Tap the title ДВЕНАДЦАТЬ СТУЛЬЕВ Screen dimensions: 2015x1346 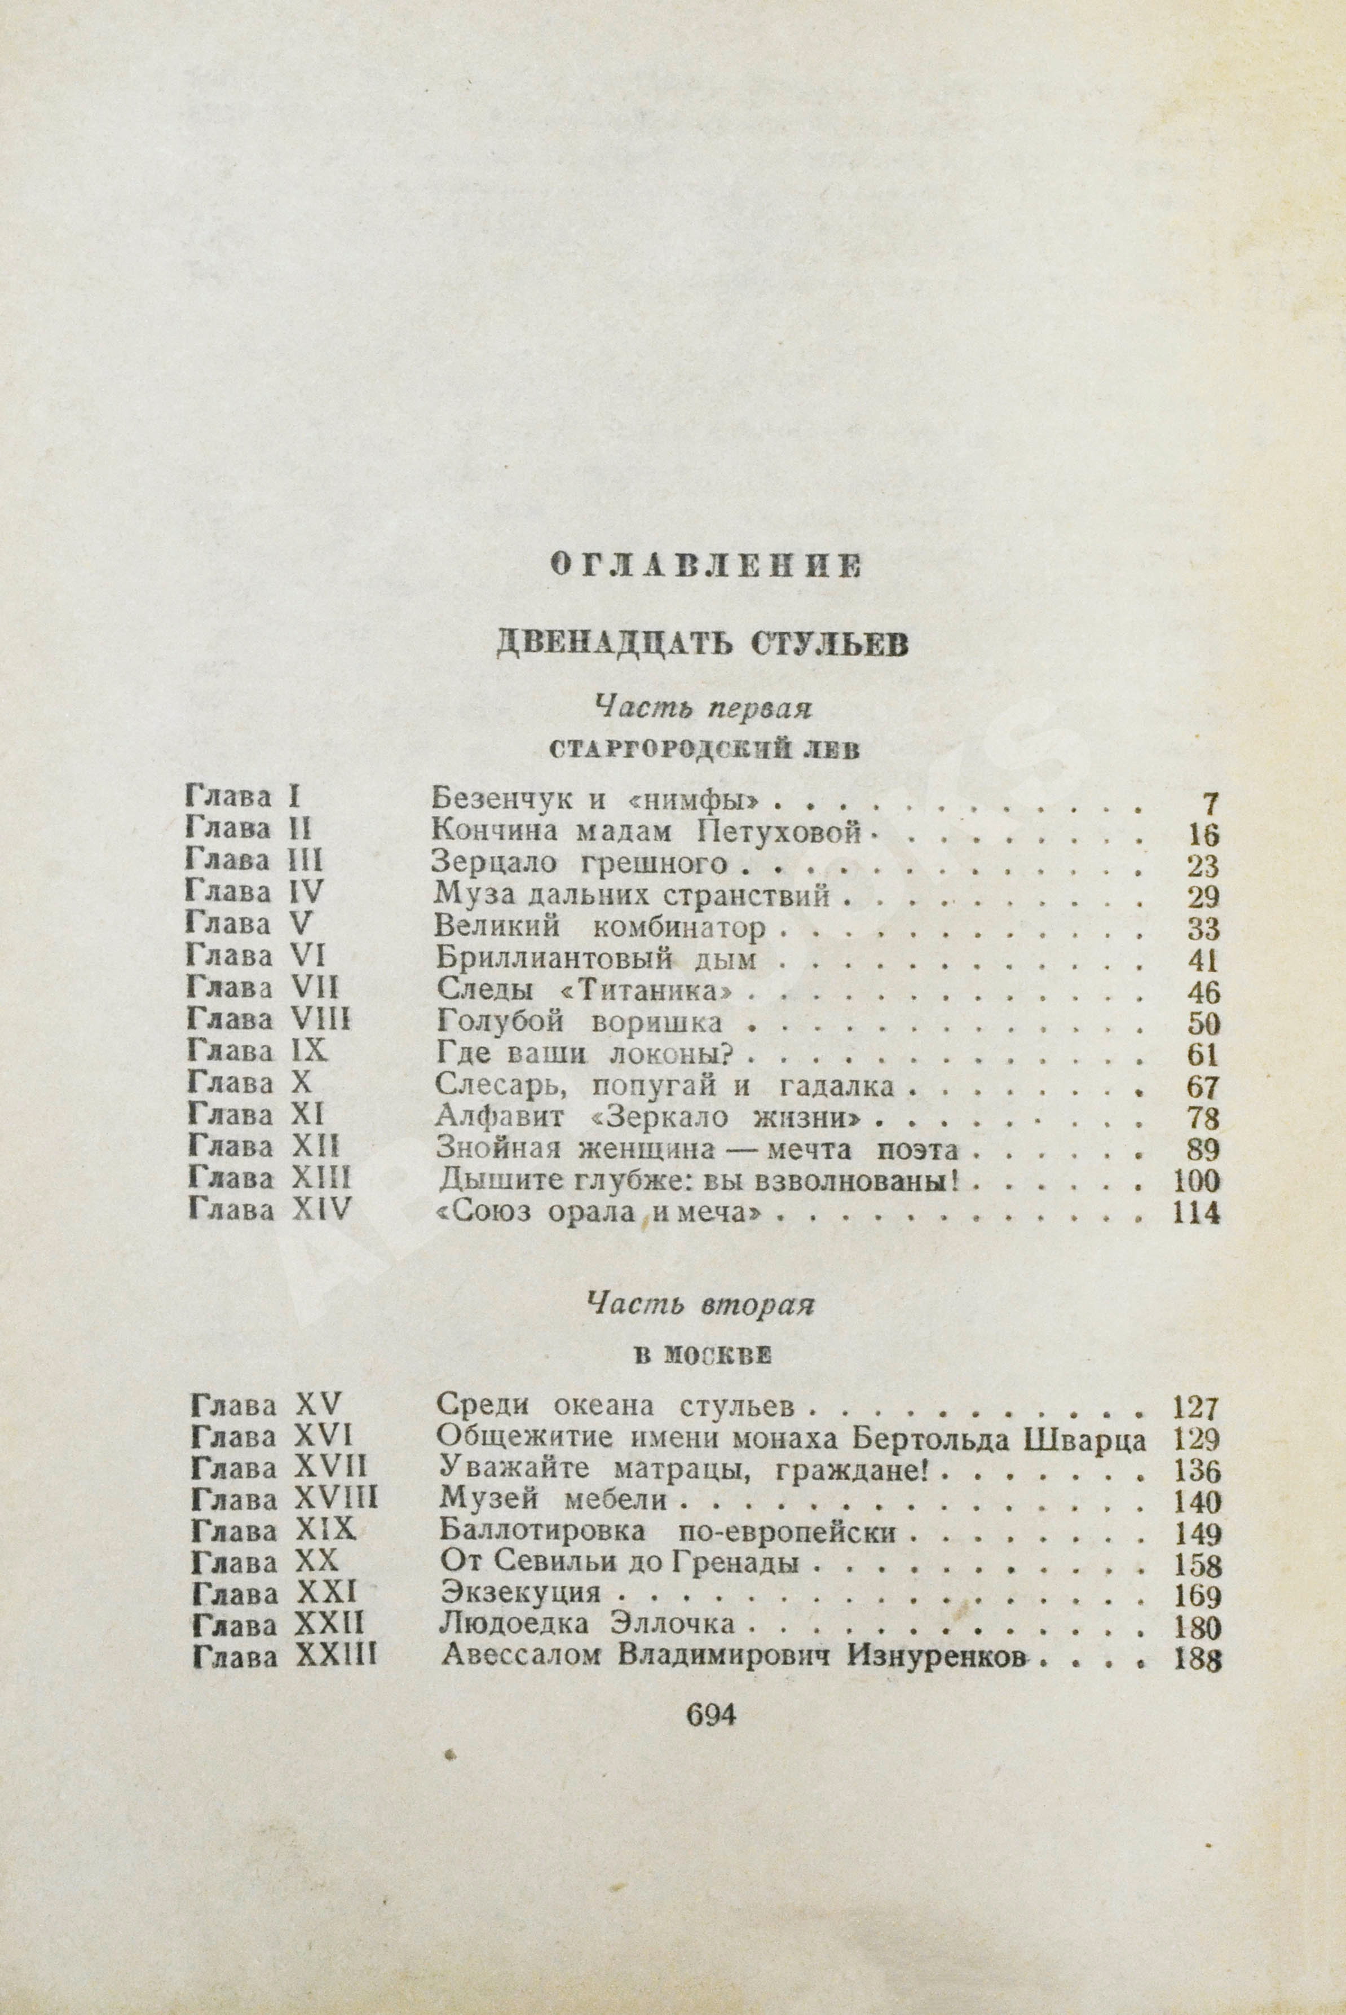(702, 644)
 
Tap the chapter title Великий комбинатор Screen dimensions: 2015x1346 (599, 928)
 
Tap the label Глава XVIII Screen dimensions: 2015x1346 (284, 1500)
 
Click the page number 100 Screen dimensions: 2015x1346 (1195, 1181)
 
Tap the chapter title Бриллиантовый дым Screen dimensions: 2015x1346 (595, 960)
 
